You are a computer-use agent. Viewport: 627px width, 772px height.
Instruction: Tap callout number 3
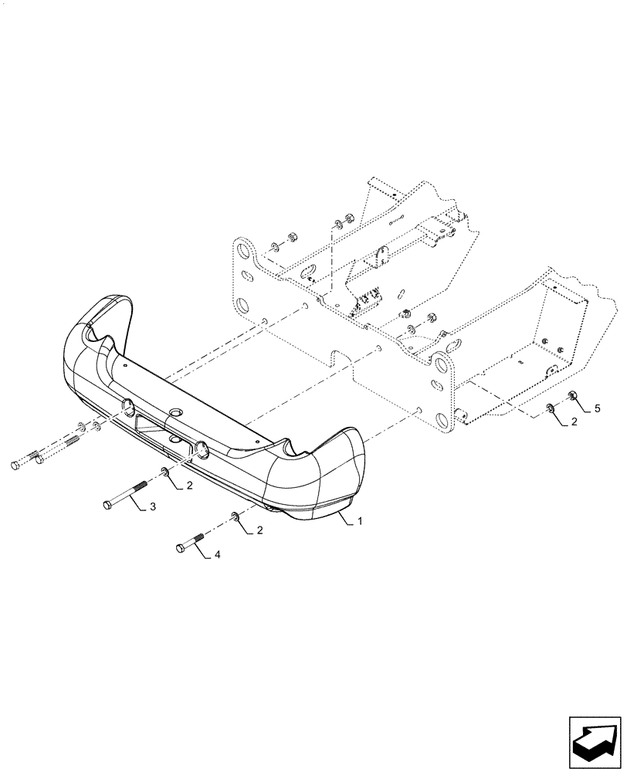pos(152,506)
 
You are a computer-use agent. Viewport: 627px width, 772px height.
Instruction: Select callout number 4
pos(217,554)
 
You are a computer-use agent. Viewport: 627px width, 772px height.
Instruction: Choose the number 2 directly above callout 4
pos(259,530)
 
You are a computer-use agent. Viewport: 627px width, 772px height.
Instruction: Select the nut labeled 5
pos(573,396)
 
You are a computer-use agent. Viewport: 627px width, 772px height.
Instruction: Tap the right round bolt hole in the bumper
pos(202,446)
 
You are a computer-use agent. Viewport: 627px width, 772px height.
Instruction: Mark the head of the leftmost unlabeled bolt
pos(15,465)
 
